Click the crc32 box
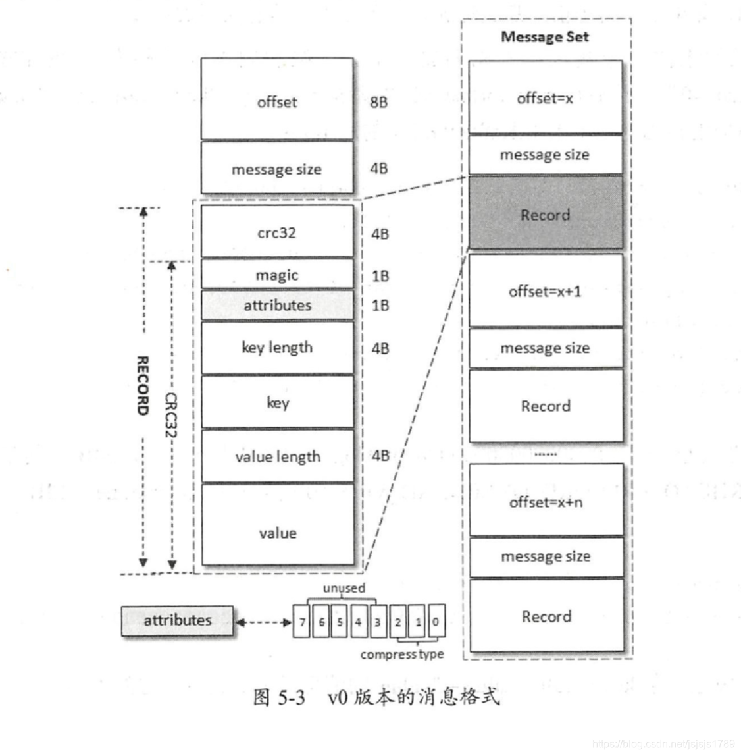click(277, 232)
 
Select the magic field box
click(277, 275)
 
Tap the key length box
click(277, 348)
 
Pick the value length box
click(277, 456)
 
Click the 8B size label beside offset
click(378, 102)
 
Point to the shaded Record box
click(545, 214)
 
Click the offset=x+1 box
click(545, 290)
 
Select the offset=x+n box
click(546, 502)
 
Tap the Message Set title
click(545, 37)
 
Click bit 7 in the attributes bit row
click(302, 621)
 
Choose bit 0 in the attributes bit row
click(436, 621)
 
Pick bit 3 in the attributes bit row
click(377, 621)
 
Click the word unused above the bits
click(344, 588)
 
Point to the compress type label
click(401, 654)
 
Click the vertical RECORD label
click(142, 385)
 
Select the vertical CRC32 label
click(171, 415)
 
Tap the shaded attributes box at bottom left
click(177, 620)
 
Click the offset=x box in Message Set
click(545, 98)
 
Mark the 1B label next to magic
click(380, 275)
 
